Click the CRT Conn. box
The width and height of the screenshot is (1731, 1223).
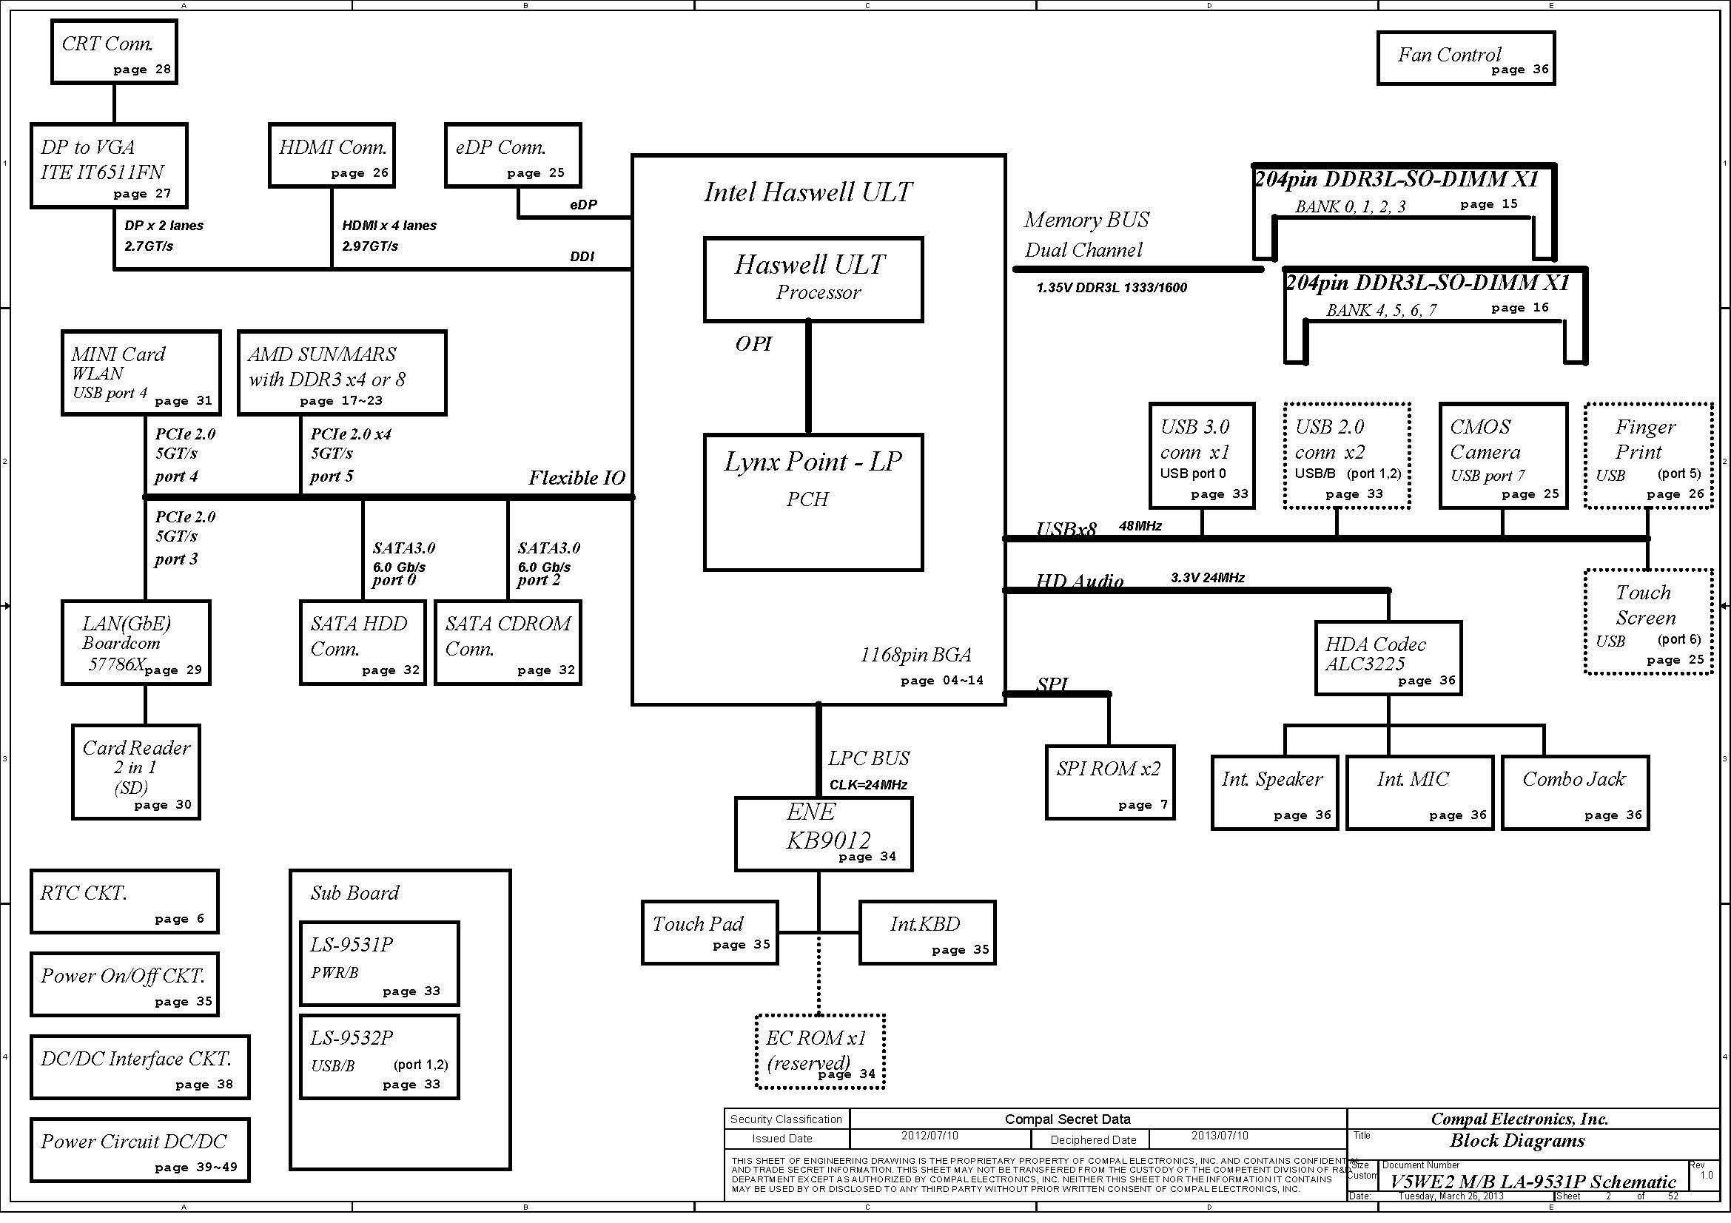[114, 52]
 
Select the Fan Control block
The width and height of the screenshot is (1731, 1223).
[1465, 58]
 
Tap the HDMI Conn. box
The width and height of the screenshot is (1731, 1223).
[332, 155]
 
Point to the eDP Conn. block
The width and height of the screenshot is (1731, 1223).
[513, 155]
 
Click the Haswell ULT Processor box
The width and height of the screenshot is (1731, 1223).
[813, 280]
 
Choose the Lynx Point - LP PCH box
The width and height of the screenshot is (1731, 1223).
[813, 502]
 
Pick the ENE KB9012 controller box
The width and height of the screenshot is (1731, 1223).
[823, 834]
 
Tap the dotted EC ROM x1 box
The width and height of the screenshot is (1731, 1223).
[819, 1052]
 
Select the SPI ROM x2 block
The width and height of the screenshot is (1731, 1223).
[1110, 782]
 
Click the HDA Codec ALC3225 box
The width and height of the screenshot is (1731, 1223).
[1388, 658]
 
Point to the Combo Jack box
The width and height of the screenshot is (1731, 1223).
[1575, 792]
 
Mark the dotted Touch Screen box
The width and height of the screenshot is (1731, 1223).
[1648, 621]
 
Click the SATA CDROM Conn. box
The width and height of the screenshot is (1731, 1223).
[508, 643]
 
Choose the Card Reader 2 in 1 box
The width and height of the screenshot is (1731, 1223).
[135, 772]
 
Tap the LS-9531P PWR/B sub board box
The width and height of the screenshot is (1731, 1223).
[379, 963]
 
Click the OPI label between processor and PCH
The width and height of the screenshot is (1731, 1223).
[753, 343]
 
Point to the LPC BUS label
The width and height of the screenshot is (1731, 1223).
[869, 758]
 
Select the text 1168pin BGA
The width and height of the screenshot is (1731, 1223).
[915, 655]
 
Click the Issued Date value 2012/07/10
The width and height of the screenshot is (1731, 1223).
[930, 1136]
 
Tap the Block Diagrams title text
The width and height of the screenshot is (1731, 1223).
[1517, 1141]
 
